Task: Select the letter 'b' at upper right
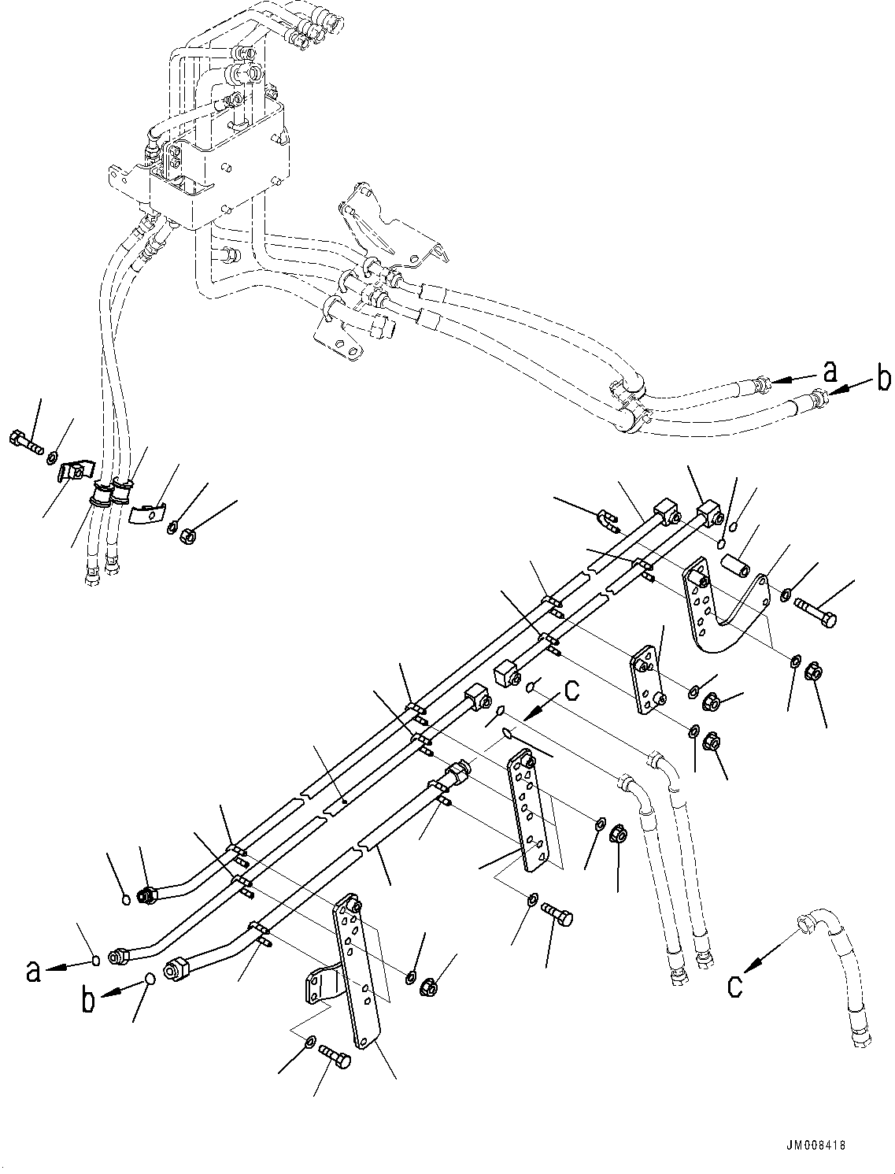pyautogui.click(x=883, y=380)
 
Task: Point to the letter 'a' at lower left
pyautogui.click(x=32, y=971)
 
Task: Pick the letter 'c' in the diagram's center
pyautogui.click(x=571, y=691)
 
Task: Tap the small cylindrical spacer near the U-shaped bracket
pyautogui.click(x=734, y=567)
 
